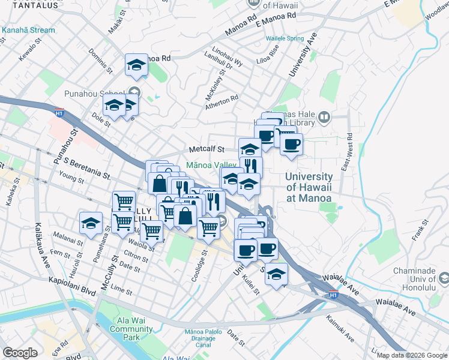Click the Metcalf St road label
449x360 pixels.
tap(206, 149)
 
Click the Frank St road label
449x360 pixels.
tap(418, 230)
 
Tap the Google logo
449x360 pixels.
tap(20, 353)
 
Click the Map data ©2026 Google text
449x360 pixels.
tap(411, 355)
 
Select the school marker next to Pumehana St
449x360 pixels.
tap(91, 224)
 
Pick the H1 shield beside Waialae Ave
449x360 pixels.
tap(334, 295)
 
